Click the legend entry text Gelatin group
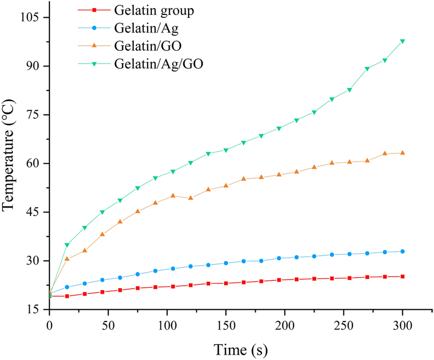154,11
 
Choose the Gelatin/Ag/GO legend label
159,63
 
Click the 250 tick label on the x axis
343,325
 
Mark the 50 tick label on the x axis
108,325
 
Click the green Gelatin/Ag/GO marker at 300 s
402,41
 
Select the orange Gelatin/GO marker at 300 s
402,153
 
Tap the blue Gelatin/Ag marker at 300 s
402,252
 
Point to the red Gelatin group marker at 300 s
402,277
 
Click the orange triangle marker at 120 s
191,198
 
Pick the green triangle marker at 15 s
67,245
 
